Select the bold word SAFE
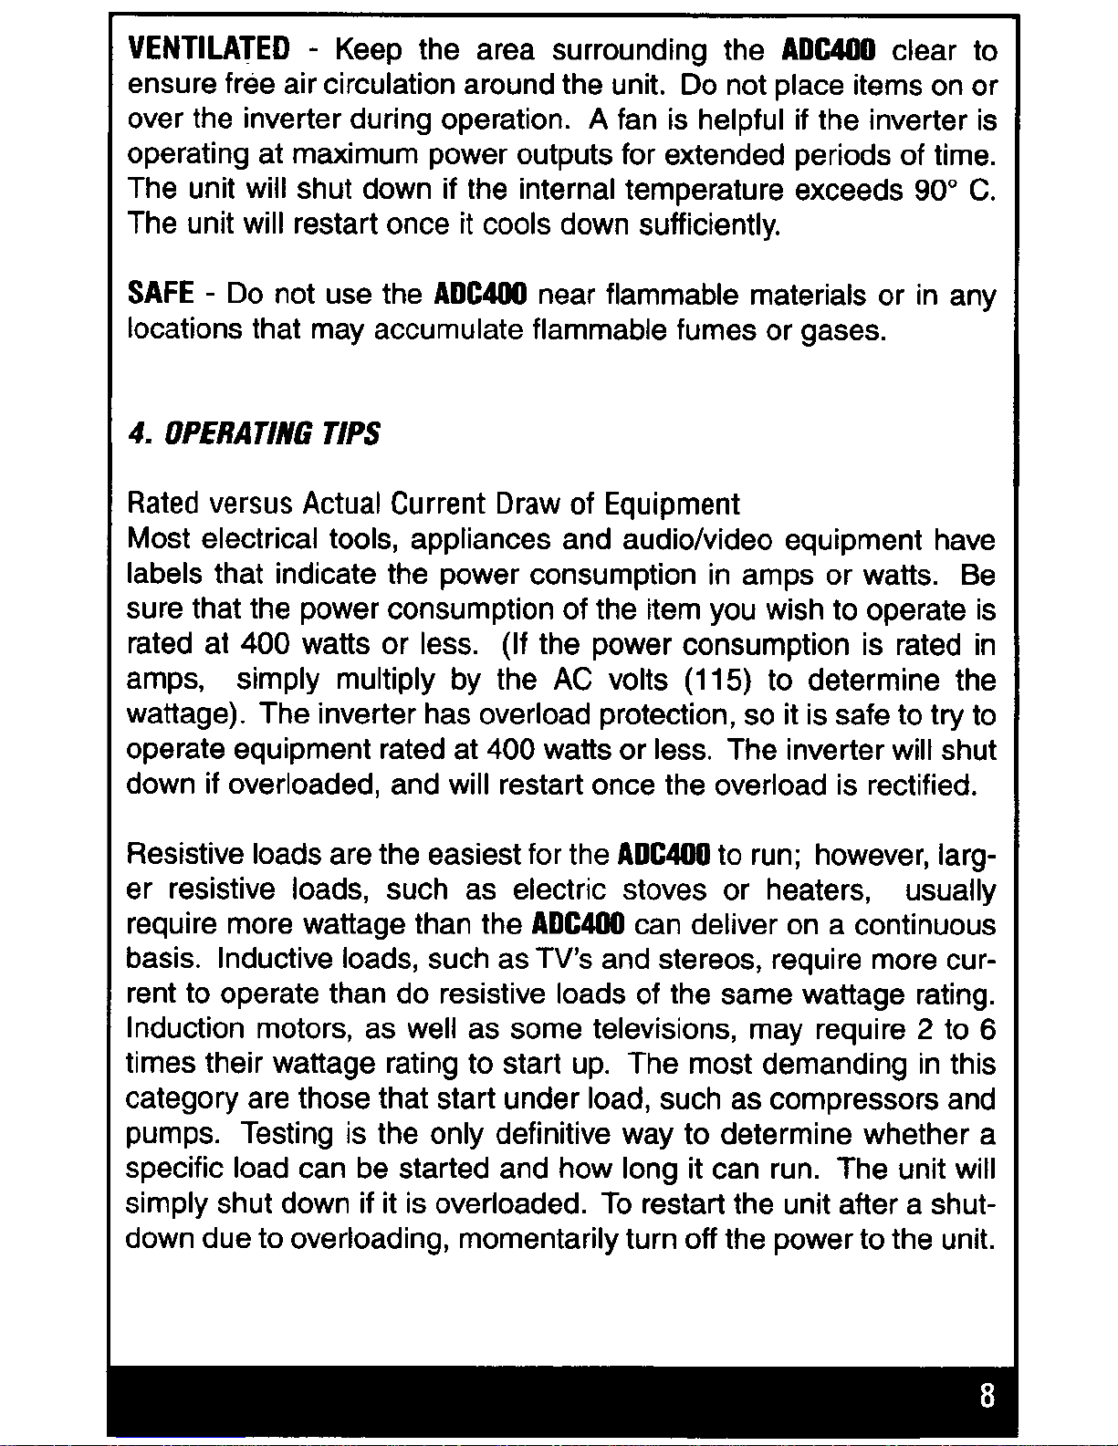(160, 295)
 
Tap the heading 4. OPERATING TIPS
(254, 433)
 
